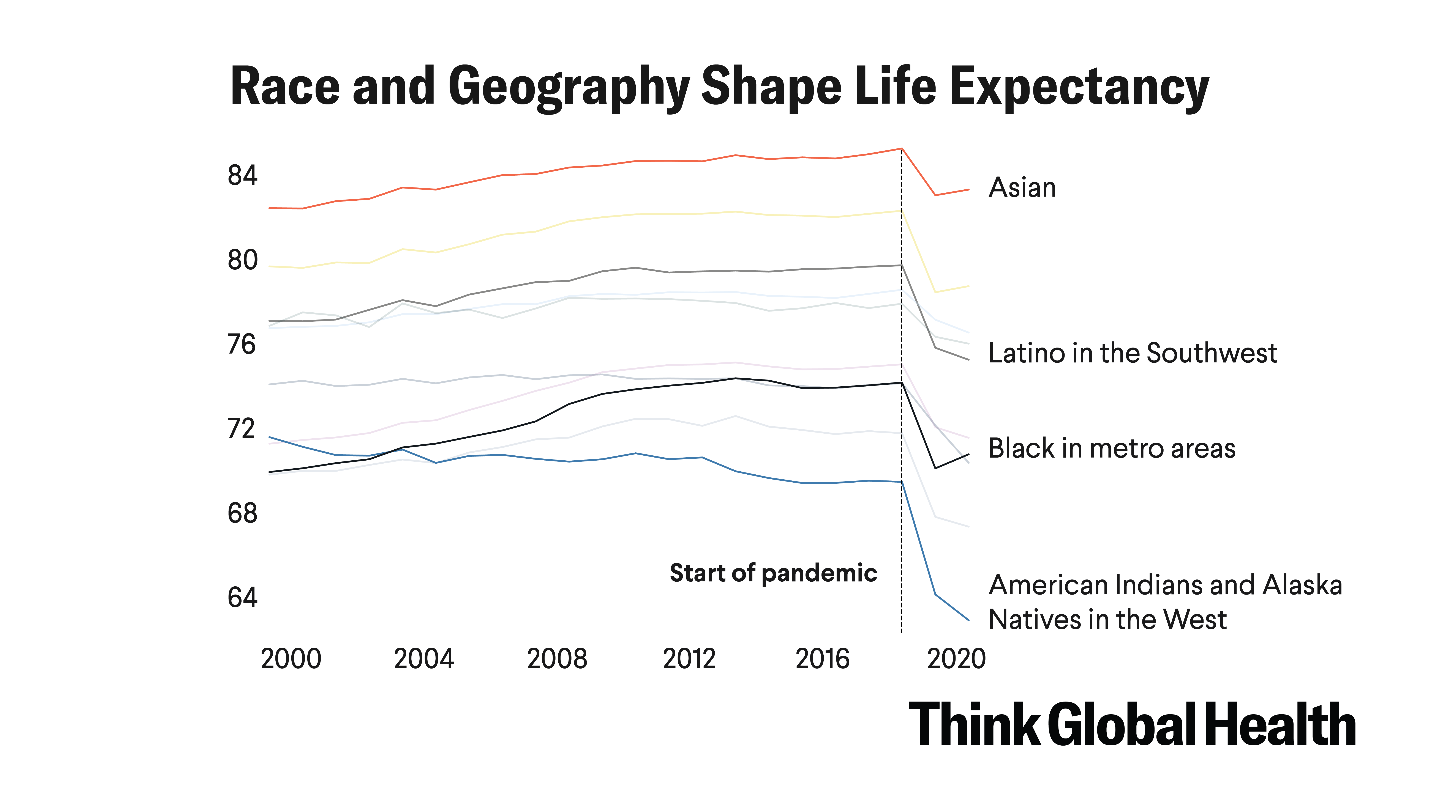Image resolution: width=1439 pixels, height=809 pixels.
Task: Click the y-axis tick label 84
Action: [x=242, y=176]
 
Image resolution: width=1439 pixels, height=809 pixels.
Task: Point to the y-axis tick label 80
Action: [x=242, y=260]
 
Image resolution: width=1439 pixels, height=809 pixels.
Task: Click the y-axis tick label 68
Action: [x=242, y=513]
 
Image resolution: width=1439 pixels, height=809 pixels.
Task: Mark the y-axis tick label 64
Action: [x=242, y=597]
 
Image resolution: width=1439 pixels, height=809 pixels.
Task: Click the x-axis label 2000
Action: [x=291, y=659]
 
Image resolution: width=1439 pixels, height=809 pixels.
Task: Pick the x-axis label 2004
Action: [x=424, y=659]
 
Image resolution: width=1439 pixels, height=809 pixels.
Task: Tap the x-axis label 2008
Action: [x=557, y=659]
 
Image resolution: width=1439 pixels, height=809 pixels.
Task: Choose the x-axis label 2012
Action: [x=689, y=659]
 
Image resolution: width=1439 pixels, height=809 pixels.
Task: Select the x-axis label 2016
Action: [x=822, y=659]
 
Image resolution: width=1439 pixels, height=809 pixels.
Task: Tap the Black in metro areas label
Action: [x=1112, y=448]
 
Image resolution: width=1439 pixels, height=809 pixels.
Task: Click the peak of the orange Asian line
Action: [x=901, y=148]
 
